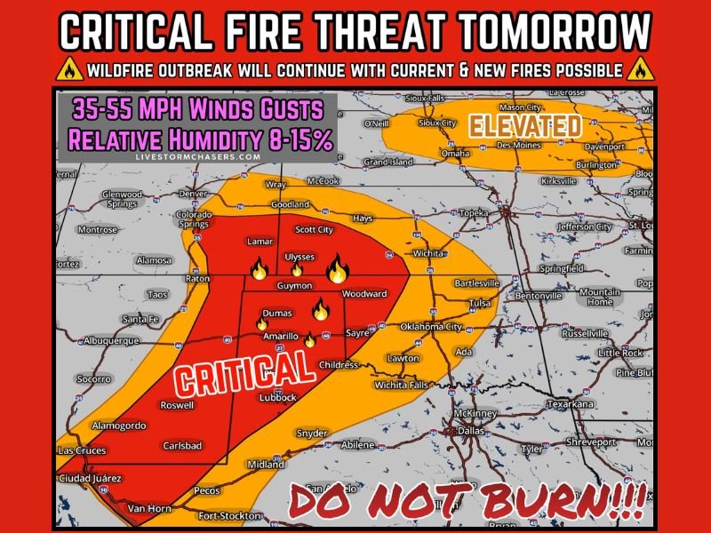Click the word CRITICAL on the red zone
(x=244, y=372)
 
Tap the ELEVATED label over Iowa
(x=525, y=125)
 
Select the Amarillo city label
(x=280, y=338)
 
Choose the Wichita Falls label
(x=401, y=386)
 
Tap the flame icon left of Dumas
(x=261, y=324)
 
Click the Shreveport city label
(x=591, y=442)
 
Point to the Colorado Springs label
(x=194, y=219)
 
